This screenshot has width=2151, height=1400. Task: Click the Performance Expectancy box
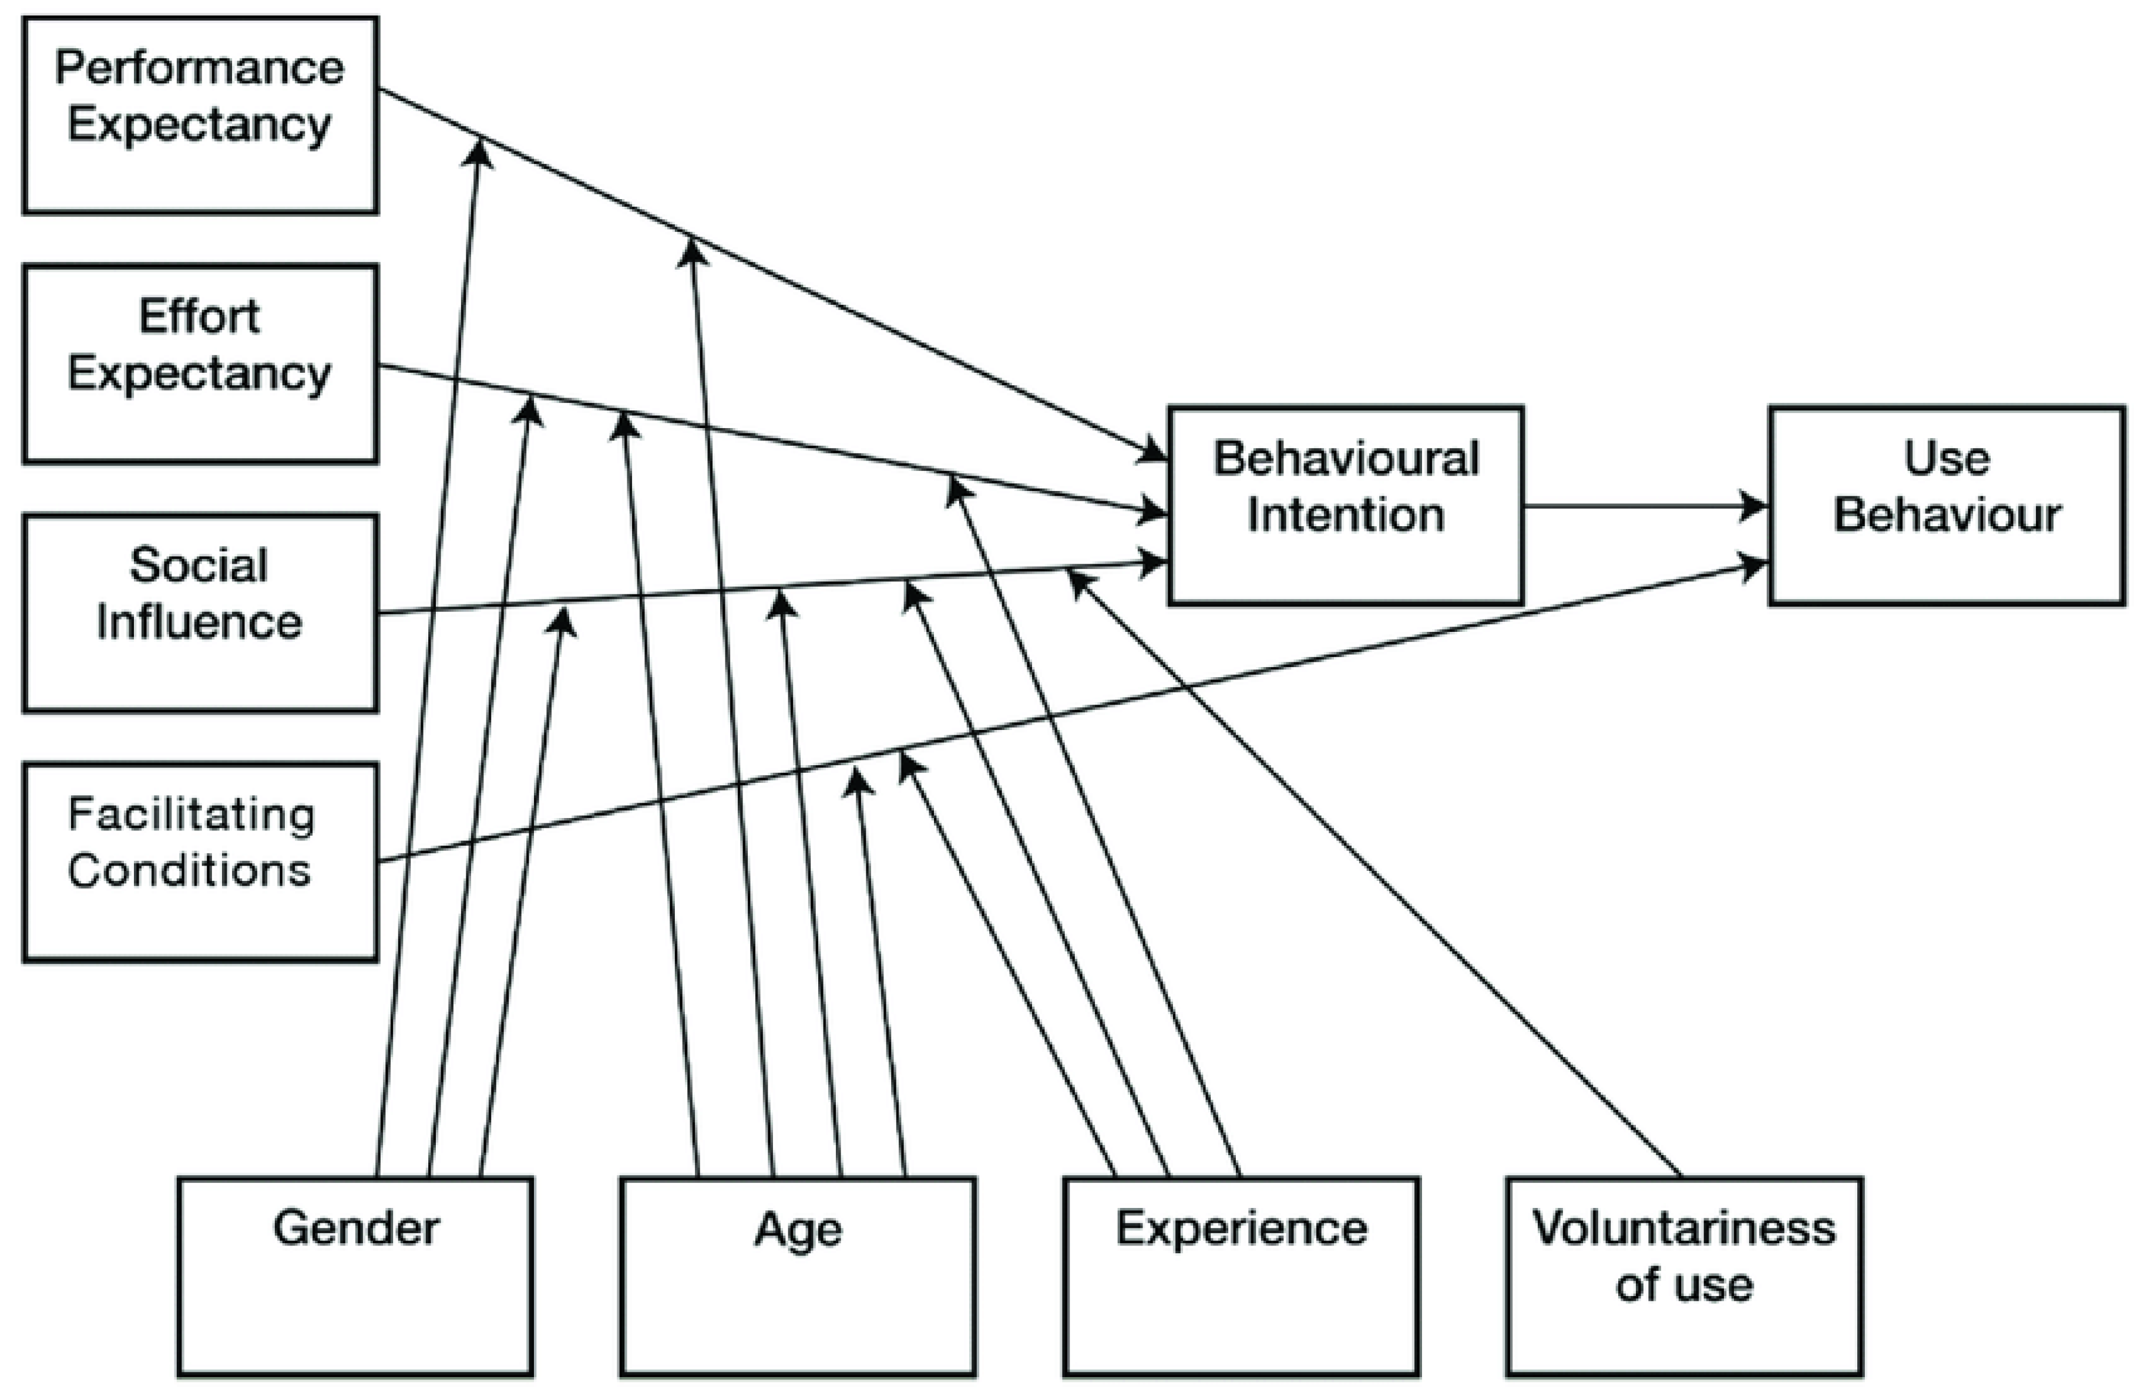point(200,115)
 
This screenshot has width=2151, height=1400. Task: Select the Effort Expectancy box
point(200,364)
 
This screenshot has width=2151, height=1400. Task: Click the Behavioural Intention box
point(1345,505)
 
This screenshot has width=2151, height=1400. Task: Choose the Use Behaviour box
point(1946,505)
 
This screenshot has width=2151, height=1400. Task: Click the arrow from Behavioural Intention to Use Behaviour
point(1645,506)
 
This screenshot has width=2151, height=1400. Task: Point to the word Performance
point(200,69)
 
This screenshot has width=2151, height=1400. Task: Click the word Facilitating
point(191,815)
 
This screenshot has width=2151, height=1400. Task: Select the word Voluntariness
point(1684,1229)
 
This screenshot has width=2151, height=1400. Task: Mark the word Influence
point(200,622)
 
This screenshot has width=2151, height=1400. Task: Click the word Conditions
point(190,870)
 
